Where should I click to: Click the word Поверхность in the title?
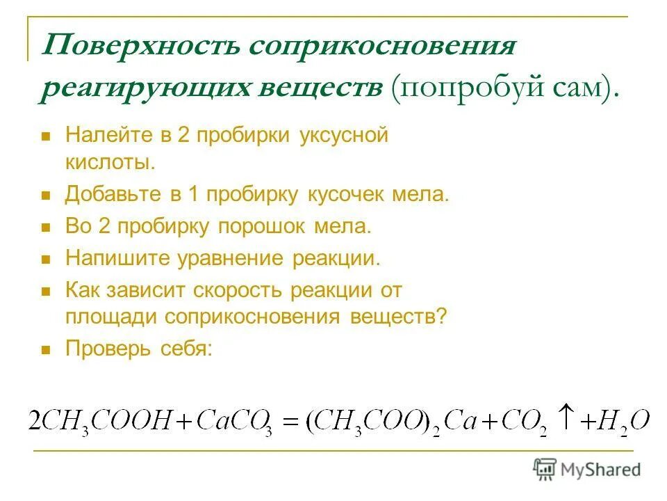point(140,47)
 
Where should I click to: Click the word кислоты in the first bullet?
point(109,163)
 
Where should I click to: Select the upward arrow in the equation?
point(565,416)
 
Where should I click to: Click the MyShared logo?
point(587,469)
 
